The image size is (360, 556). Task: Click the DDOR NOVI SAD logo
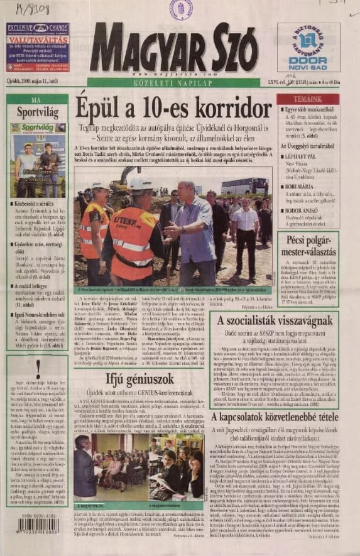(x=308, y=48)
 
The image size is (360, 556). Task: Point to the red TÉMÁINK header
(x=307, y=99)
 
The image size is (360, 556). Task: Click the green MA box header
(x=37, y=99)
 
